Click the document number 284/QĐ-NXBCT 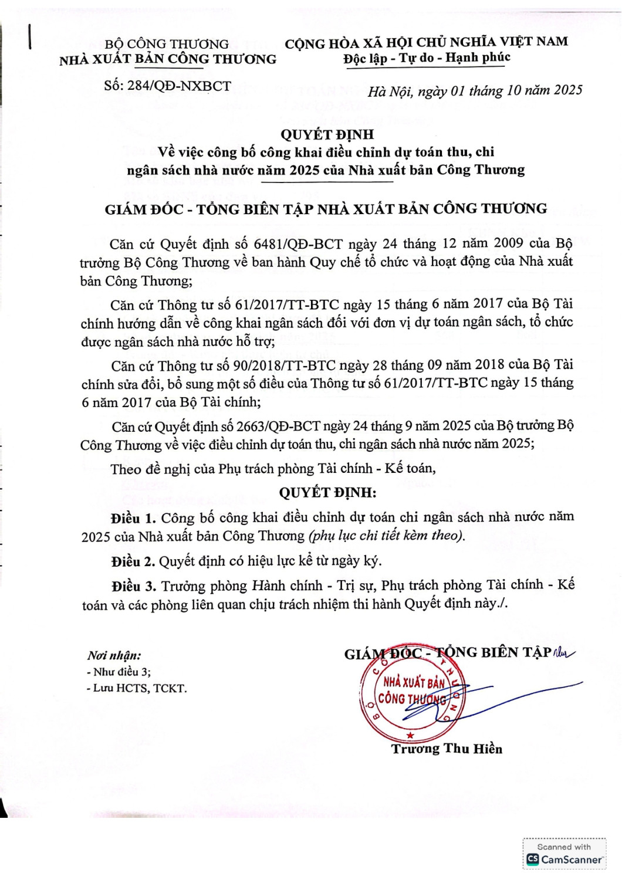[179, 86]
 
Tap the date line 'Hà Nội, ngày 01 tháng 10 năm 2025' [475, 91]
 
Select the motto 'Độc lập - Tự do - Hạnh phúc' [427, 58]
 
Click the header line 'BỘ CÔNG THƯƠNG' [167, 44]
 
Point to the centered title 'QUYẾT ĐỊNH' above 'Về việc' [327, 134]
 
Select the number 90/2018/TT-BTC [284, 365]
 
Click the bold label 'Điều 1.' [133, 519]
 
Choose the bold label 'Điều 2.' [133, 561]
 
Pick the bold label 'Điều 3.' [134, 586]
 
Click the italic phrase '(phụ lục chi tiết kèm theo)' [387, 536]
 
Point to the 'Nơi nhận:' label [114, 655]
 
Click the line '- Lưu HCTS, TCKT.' [137, 688]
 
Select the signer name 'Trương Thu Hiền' [447, 749]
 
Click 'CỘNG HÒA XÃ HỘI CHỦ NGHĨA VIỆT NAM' [426, 42]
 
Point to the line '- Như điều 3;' [119, 672]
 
